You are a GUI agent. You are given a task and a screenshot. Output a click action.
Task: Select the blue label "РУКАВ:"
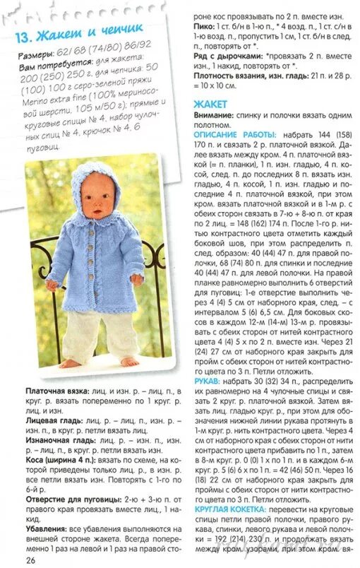[210, 379]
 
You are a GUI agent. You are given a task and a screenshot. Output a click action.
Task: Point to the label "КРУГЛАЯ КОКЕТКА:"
[229, 509]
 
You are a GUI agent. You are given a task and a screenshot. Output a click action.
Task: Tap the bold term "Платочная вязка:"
[56, 390]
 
